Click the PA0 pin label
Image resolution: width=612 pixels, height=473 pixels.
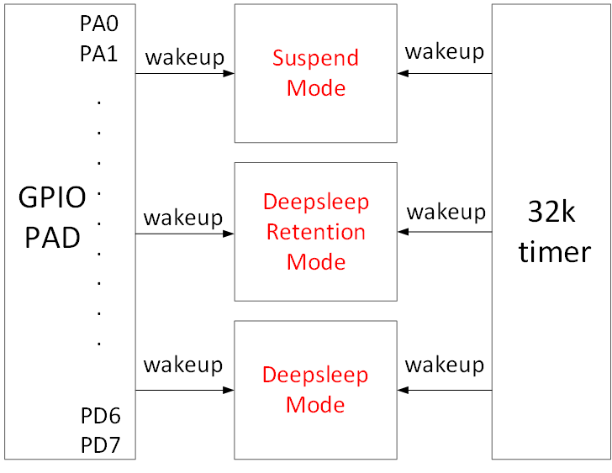coord(99,24)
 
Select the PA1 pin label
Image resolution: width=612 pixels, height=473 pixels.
coord(99,54)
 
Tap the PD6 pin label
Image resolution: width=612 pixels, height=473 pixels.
coord(99,415)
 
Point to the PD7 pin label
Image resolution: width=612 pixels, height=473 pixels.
coord(99,444)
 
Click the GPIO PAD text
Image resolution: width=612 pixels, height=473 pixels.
coord(52,218)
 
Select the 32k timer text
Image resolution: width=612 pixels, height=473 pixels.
coord(553,232)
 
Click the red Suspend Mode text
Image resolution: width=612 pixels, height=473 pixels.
coord(315,73)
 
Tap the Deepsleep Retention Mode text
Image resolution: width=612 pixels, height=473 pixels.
coord(315,232)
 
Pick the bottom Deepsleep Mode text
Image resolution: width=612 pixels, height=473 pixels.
coord(315,389)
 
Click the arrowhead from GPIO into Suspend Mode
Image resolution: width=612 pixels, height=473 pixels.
coord(229,74)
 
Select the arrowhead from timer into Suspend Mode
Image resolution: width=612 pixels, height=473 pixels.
coord(404,74)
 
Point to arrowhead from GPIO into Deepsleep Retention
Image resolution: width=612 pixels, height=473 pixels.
coord(229,233)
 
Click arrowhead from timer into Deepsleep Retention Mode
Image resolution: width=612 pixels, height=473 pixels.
coord(404,233)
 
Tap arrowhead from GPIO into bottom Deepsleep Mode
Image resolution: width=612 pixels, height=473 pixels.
coord(229,390)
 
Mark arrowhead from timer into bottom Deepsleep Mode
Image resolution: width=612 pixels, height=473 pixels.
coord(404,390)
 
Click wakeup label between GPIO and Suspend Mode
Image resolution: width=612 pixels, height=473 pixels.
coord(184,58)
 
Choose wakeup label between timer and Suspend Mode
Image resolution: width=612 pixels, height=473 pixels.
coord(445,52)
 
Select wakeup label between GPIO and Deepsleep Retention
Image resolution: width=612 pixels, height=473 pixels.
coord(183,218)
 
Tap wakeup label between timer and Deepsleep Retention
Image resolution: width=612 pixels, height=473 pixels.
coord(446,213)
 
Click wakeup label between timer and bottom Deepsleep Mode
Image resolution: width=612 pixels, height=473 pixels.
coord(445,365)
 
